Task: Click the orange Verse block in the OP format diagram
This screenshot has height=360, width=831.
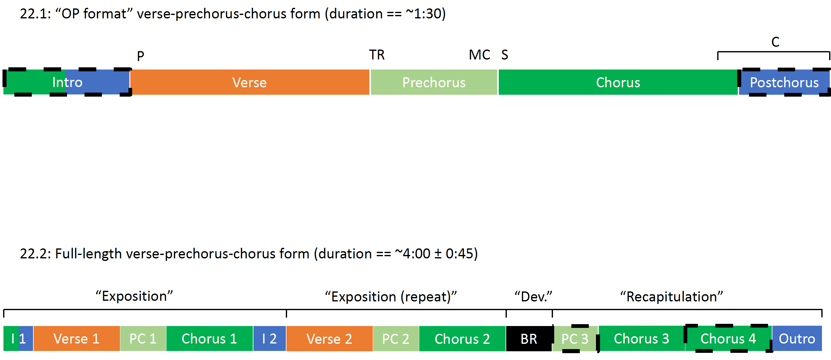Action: click(x=250, y=82)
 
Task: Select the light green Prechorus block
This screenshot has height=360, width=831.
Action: click(x=434, y=82)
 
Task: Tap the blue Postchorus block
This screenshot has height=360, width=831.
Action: click(x=784, y=82)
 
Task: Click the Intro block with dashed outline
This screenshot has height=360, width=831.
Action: click(x=67, y=82)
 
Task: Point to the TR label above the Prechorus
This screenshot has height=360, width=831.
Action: click(x=377, y=55)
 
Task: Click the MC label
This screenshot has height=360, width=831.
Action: click(x=479, y=55)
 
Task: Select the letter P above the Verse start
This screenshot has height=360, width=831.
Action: click(x=140, y=56)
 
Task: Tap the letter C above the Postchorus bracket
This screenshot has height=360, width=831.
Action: click(x=775, y=42)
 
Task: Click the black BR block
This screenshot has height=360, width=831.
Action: click(x=529, y=339)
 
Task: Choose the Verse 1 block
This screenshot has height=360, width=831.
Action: click(x=76, y=339)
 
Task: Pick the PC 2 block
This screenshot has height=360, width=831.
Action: click(x=396, y=339)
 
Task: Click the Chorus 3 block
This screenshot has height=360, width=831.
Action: click(x=641, y=339)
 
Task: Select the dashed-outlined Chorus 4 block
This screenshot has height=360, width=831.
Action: click(x=728, y=339)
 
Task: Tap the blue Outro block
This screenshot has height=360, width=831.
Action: click(x=797, y=339)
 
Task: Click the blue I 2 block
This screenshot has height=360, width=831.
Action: click(x=269, y=339)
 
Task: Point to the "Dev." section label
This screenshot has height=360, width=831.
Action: click(x=533, y=296)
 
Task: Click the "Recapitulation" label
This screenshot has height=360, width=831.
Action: click(x=672, y=296)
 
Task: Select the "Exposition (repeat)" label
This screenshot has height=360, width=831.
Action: click(x=391, y=296)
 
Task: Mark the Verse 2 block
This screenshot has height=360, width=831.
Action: click(x=329, y=339)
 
